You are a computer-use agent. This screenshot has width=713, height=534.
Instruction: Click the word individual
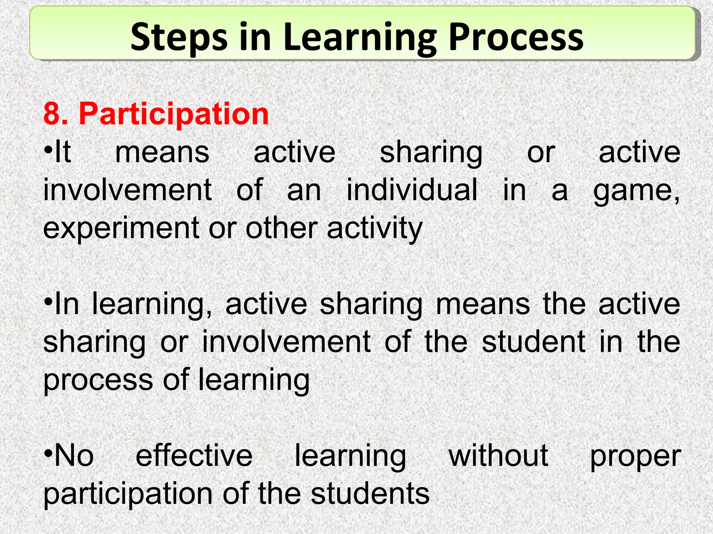[x=412, y=190]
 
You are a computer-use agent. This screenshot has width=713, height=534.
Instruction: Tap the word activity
[x=375, y=229]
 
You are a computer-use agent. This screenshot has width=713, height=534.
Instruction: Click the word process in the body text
[x=98, y=380]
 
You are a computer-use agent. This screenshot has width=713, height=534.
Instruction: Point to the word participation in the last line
[x=128, y=494]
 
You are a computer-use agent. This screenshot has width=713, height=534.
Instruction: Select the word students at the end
[x=370, y=494]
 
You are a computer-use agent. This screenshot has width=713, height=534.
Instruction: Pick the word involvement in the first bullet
[x=127, y=190]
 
